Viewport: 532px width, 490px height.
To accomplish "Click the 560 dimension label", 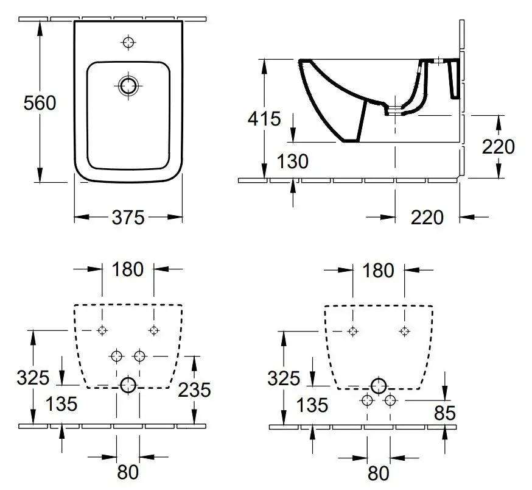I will pos(40,102).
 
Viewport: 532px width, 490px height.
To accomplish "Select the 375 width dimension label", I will pos(128,217).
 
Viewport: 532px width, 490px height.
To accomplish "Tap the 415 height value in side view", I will pos(264,118).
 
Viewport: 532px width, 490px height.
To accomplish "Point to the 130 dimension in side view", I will pos(293,162).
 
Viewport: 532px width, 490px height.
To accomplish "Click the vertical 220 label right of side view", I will pos(498,146).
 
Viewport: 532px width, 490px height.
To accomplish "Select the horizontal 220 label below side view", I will pos(427,217).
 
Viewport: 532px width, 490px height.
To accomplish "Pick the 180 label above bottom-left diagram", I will pos(127,269).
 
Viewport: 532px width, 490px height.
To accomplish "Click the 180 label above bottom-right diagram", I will pos(378,270).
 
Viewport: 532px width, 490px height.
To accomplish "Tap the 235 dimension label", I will pos(194,389).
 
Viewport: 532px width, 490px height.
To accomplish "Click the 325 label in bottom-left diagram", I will pos(33,378).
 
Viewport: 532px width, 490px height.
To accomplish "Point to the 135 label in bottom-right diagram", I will pos(313,404).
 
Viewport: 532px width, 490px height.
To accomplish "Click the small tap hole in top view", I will pos(128,42).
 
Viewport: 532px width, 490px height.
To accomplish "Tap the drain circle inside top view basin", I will pos(128,85).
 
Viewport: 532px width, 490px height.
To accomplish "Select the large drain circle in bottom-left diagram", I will pos(128,385).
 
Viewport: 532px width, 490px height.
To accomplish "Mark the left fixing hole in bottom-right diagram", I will pos(352,331).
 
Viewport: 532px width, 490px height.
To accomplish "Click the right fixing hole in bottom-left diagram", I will pos(153,330).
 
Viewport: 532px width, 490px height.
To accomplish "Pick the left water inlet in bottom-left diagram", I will pos(116,355).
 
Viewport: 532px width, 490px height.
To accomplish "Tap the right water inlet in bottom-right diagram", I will pos(390,400).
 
